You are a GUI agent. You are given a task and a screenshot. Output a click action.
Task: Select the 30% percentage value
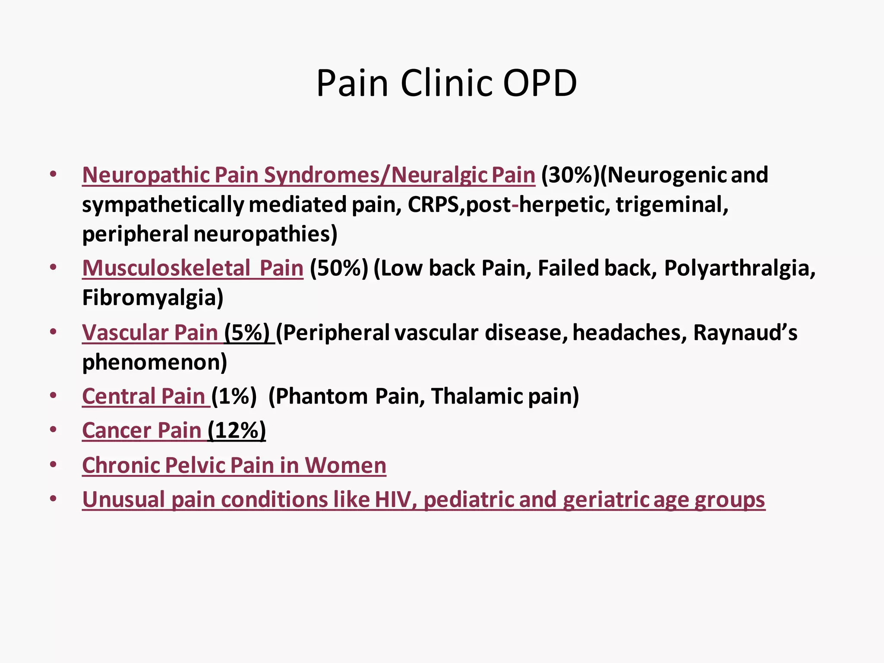tap(570, 175)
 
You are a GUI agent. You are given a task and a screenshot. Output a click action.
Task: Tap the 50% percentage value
tap(339, 268)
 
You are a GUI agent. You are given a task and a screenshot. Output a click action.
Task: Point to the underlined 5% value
tap(247, 333)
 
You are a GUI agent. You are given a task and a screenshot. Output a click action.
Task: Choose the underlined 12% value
tap(237, 430)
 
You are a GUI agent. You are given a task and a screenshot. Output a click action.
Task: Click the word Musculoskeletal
tap(166, 268)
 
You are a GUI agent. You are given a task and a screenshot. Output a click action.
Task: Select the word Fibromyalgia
tap(152, 298)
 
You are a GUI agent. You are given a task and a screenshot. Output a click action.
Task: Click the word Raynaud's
tap(745, 333)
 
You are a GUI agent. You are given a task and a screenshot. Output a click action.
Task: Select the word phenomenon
tap(154, 362)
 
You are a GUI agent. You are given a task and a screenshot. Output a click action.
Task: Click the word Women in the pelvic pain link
tap(345, 465)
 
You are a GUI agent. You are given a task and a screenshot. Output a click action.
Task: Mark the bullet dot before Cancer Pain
tap(53, 430)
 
